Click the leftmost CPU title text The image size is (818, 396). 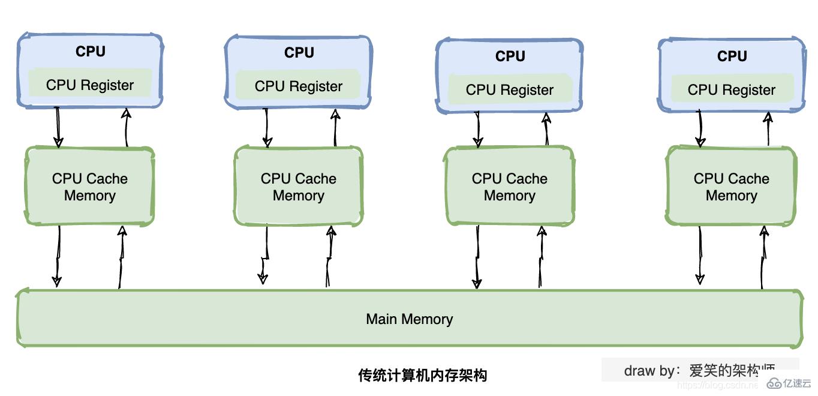click(91, 52)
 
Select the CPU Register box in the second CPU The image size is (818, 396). click(298, 86)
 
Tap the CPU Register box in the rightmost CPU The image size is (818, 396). click(731, 89)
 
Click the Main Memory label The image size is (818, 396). click(409, 319)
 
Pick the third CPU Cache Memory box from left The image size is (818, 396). click(509, 187)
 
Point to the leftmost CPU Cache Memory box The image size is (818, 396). click(90, 187)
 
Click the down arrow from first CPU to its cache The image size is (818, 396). click(58, 127)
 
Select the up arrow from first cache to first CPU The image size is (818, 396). click(126, 127)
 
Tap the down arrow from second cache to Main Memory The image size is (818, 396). click(263, 255)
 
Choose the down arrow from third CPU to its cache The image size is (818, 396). click(477, 129)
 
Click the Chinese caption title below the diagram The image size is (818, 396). click(422, 376)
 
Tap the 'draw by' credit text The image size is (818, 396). click(699, 370)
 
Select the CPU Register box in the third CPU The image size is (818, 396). click(509, 89)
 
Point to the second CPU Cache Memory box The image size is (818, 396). click(298, 187)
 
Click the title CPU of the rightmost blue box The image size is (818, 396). click(732, 56)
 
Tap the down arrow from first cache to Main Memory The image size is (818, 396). click(58, 255)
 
